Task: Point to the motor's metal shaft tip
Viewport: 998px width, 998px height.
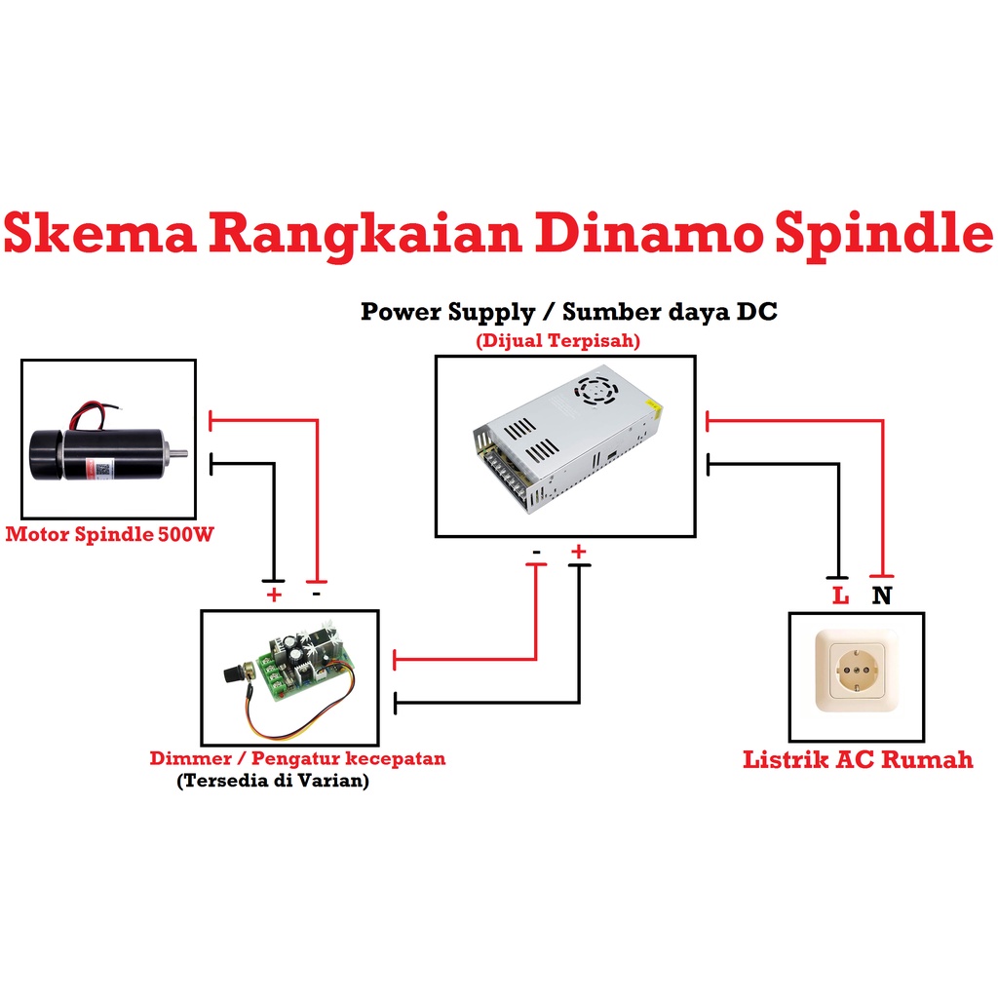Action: coord(181,452)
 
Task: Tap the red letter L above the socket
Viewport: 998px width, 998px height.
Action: coord(840,595)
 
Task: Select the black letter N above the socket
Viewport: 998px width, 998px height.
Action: coord(881,595)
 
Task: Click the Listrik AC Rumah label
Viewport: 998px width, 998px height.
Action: coord(858,759)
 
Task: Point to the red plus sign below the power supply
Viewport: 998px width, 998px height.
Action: coord(579,553)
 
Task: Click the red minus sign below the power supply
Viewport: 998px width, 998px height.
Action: coord(537,553)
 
